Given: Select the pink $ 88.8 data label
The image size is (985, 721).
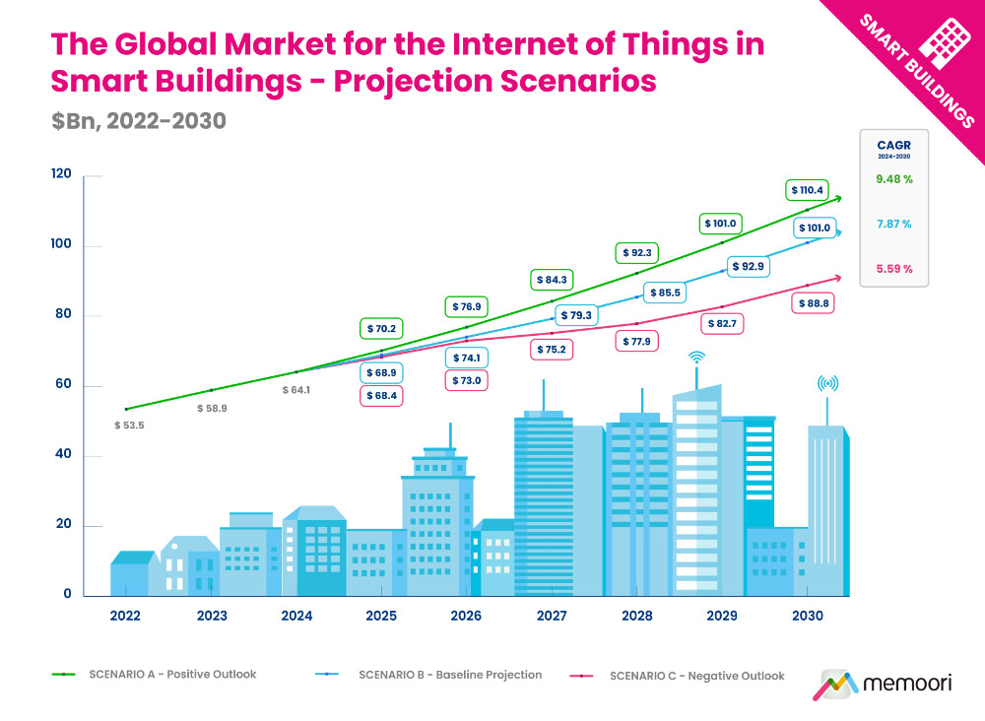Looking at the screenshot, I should click(813, 304).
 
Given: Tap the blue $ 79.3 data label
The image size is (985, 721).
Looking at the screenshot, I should click(575, 316).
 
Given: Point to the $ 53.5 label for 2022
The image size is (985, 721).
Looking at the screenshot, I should click(129, 426).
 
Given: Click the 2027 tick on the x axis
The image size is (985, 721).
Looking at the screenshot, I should click(552, 616).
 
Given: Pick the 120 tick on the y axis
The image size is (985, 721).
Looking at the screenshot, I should click(62, 174).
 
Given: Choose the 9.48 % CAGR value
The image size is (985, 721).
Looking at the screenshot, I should click(893, 179).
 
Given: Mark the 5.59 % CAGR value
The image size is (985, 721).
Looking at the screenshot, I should click(893, 269).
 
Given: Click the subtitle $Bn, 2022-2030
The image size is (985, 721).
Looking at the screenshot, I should click(139, 121).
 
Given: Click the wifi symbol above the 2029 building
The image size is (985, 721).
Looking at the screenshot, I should click(696, 357).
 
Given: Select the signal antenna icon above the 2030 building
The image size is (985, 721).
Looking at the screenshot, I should click(827, 384).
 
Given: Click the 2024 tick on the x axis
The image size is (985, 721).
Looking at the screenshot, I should click(296, 616).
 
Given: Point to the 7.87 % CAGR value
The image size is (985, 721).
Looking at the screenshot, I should click(893, 224).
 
